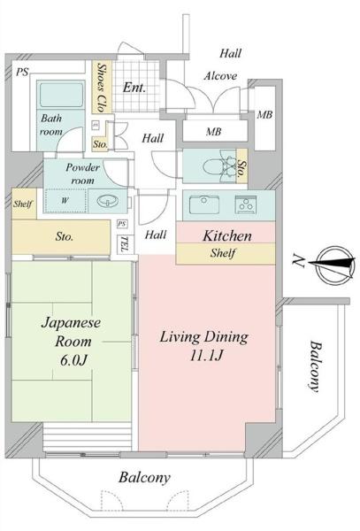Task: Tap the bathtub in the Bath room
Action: pyautogui.click(x=60, y=95)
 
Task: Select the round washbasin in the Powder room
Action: pyautogui.click(x=108, y=201)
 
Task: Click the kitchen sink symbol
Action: pyautogui.click(x=203, y=204)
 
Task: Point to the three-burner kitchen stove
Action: pyautogui.click(x=246, y=204)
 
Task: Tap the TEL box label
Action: pyautogui.click(x=123, y=244)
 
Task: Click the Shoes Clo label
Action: pyautogui.click(x=101, y=87)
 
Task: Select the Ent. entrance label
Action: pyautogui.click(x=134, y=88)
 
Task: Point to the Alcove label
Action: pyautogui.click(x=220, y=76)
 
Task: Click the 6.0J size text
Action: pyautogui.click(x=73, y=361)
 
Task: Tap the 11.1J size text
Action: pyautogui.click(x=205, y=356)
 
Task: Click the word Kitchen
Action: pyautogui.click(x=227, y=235)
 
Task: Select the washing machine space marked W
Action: pyautogui.click(x=65, y=201)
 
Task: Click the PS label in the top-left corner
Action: pyautogui.click(x=23, y=72)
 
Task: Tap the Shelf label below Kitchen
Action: pyautogui.click(x=223, y=253)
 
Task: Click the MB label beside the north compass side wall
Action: pyautogui.click(x=265, y=115)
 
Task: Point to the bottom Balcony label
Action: pyautogui.click(x=144, y=478)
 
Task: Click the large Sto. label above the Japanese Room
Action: pyautogui.click(x=65, y=236)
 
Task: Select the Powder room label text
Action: pyautogui.click(x=82, y=173)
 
